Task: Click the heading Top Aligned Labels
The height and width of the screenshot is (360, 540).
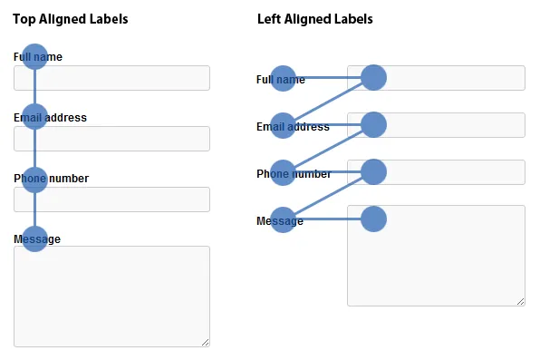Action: pyautogui.click(x=71, y=19)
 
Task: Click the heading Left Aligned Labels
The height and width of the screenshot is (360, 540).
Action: pyautogui.click(x=315, y=19)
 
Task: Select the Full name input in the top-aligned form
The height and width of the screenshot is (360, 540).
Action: pyautogui.click(x=111, y=78)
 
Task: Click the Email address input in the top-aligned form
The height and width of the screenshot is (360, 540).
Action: pyautogui.click(x=111, y=139)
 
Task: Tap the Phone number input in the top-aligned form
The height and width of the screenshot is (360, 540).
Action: pyautogui.click(x=111, y=199)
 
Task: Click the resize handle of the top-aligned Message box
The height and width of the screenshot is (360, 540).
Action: pyautogui.click(x=206, y=343)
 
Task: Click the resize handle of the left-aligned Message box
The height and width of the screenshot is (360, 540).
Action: pyautogui.click(x=521, y=302)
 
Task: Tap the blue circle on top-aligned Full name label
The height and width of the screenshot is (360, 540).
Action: pyautogui.click(x=34, y=56)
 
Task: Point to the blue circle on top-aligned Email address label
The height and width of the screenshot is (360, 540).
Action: pyautogui.click(x=34, y=117)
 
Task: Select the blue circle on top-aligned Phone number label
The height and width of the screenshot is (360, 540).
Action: pyautogui.click(x=34, y=180)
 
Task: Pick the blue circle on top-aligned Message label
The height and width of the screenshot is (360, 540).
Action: pyautogui.click(x=34, y=239)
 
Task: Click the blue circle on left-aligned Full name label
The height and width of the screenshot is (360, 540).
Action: pyautogui.click(x=283, y=78)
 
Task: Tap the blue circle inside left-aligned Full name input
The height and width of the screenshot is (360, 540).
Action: pyautogui.click(x=373, y=78)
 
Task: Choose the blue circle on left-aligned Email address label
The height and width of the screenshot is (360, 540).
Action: pyautogui.click(x=283, y=125)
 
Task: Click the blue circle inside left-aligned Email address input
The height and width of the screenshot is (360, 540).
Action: pyautogui.click(x=373, y=125)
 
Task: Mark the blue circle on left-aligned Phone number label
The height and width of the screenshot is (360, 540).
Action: pyautogui.click(x=283, y=173)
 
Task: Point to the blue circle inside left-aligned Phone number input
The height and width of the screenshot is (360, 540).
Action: pyautogui.click(x=373, y=172)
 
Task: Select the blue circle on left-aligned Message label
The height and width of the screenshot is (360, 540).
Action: pyautogui.click(x=283, y=220)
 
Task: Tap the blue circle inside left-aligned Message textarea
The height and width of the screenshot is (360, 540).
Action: pyautogui.click(x=373, y=219)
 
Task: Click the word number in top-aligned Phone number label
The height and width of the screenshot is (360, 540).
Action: pyautogui.click(x=69, y=179)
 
